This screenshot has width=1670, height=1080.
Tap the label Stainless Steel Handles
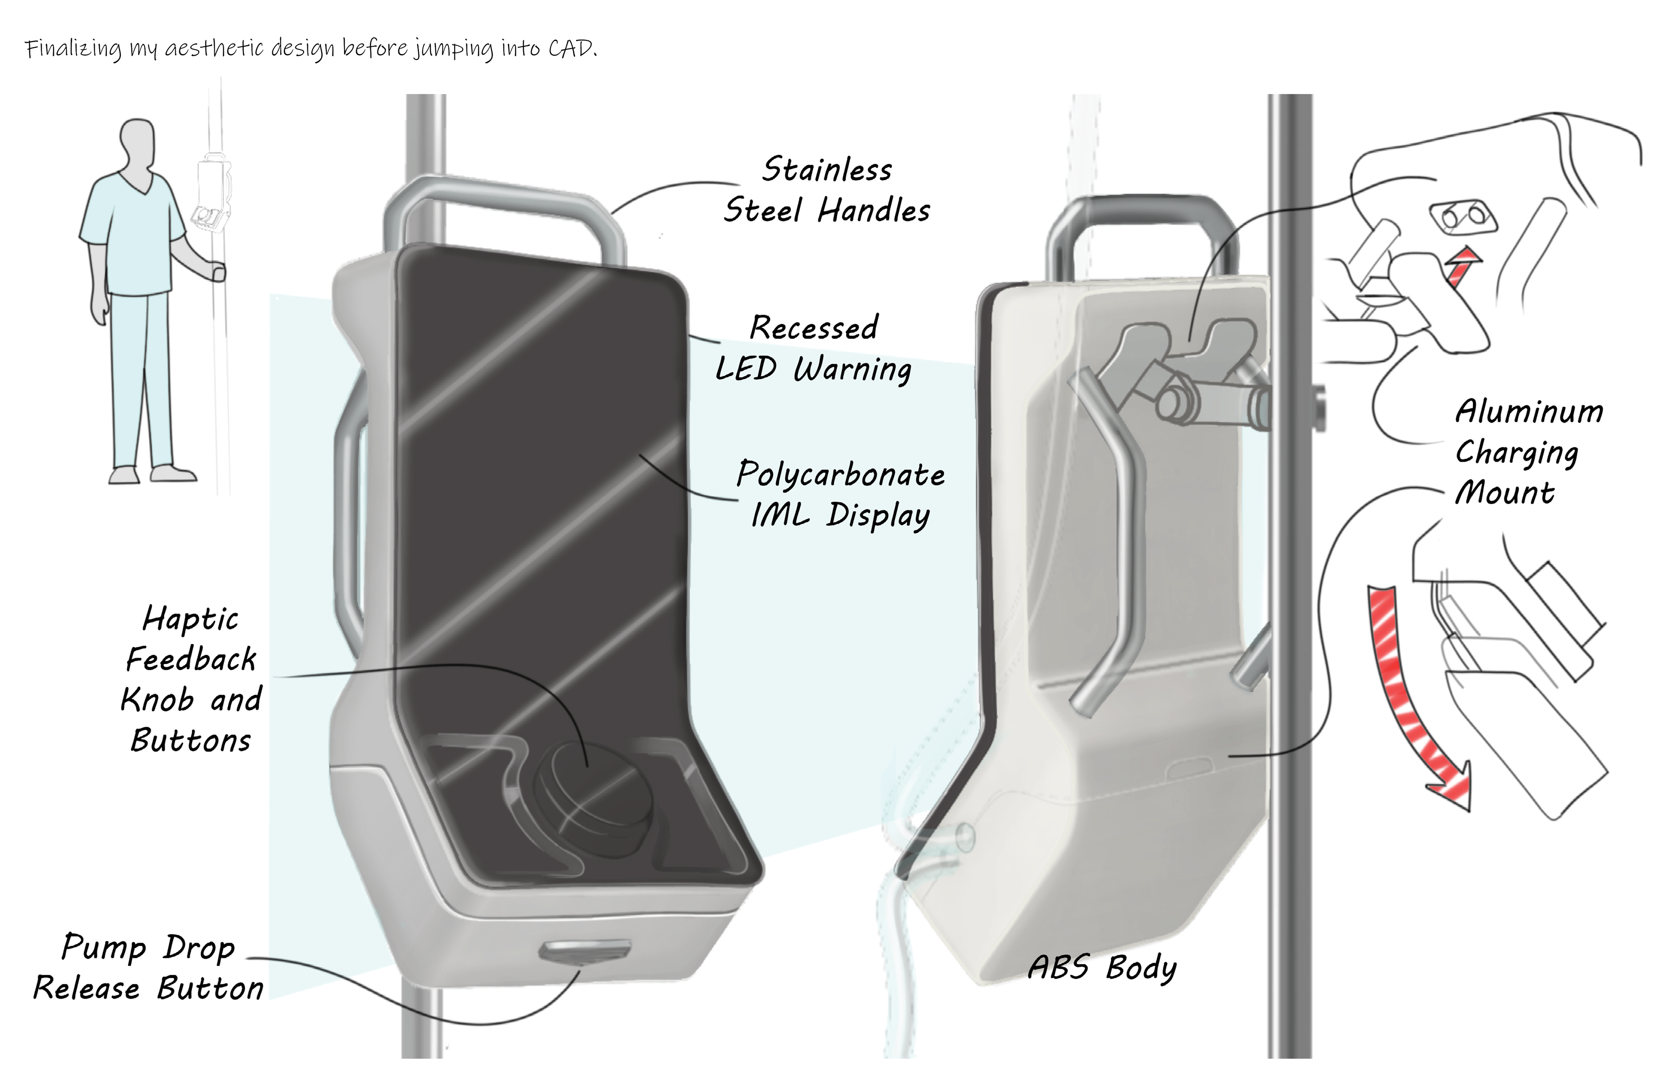(x=827, y=190)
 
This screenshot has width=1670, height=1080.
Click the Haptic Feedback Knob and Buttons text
(x=191, y=679)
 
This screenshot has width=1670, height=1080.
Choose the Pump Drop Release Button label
(x=149, y=968)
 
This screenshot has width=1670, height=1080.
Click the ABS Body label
(x=1102, y=968)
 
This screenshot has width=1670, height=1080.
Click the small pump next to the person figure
(x=213, y=196)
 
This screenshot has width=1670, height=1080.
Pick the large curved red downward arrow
(x=1410, y=701)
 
